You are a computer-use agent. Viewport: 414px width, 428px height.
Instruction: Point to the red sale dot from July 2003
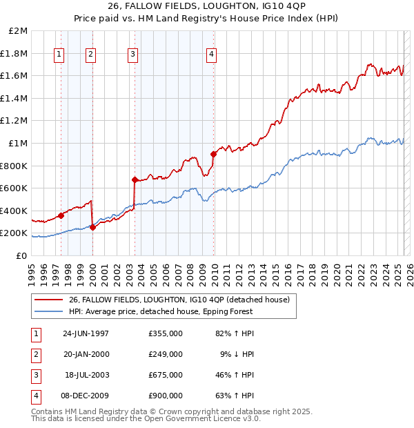(x=135, y=179)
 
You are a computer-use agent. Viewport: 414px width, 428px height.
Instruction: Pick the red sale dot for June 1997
(x=61, y=215)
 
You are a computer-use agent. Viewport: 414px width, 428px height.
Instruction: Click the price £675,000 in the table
(x=166, y=375)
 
